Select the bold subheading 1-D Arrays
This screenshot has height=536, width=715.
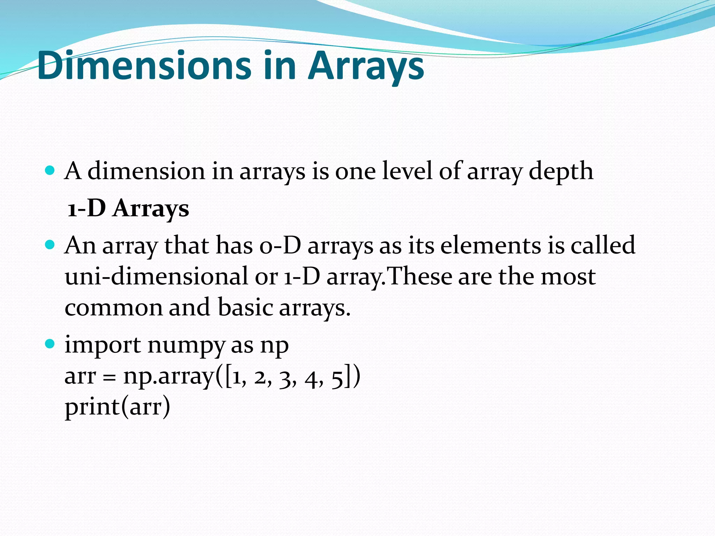coord(128,208)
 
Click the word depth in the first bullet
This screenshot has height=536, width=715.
coord(561,172)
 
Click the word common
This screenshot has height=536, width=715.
coord(114,308)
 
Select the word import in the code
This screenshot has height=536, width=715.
coord(103,345)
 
